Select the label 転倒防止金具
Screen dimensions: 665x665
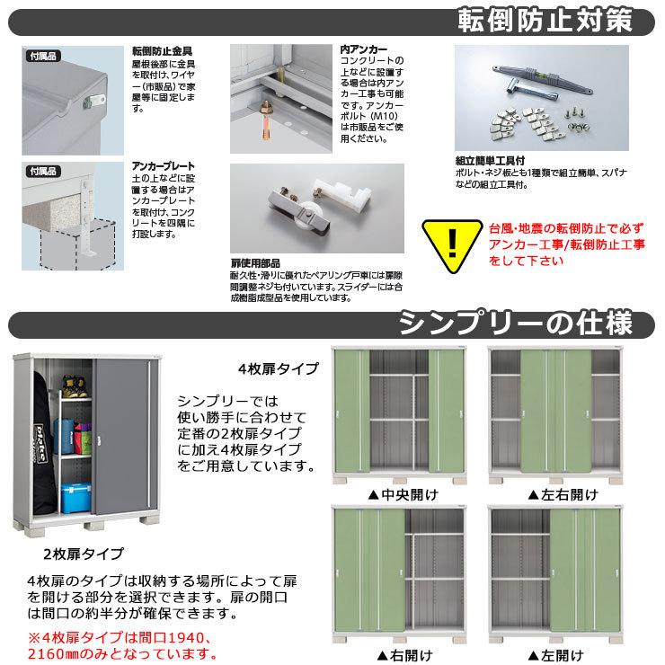162,51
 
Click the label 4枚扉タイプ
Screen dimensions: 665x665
278,368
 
